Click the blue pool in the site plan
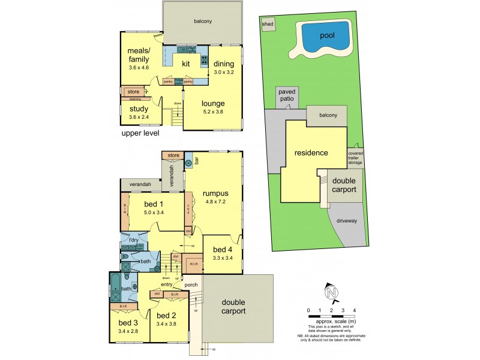coord(326,37)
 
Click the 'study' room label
coord(139,109)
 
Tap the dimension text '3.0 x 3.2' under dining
coord(224,73)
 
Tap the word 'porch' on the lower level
coord(191,284)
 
